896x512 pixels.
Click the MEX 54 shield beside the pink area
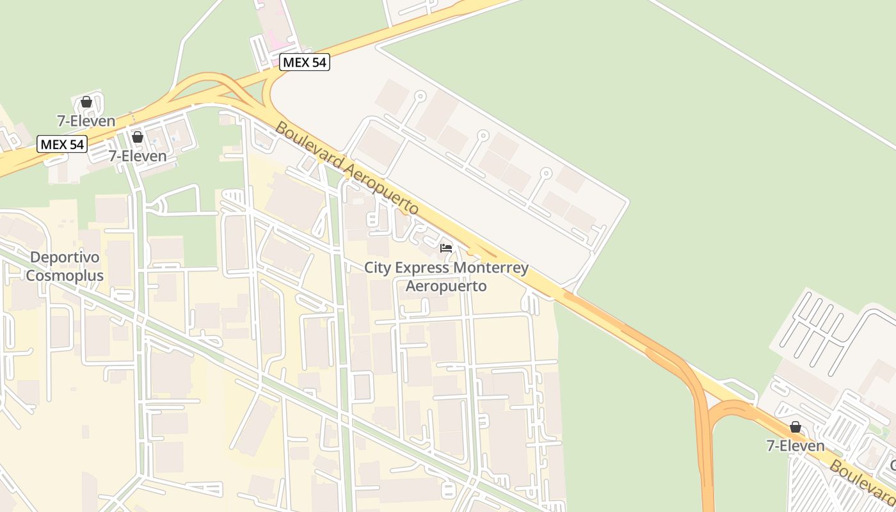304,62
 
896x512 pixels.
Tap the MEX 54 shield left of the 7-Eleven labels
61,144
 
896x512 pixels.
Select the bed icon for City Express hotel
446,248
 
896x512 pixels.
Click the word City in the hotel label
377,268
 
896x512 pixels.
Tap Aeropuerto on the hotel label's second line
446,285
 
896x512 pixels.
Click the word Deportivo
65,257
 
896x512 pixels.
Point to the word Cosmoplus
65,276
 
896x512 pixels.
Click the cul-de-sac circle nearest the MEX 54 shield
420,97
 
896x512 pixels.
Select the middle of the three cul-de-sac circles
483,136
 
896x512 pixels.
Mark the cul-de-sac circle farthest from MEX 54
545,173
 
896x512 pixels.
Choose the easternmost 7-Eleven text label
795,445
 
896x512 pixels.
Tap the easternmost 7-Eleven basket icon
795,427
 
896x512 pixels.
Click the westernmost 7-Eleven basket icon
86,102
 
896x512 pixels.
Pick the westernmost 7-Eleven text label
86,121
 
